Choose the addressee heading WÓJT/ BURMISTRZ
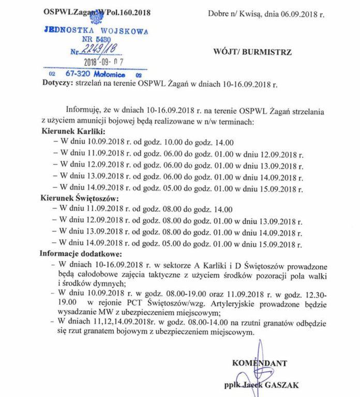(252, 52)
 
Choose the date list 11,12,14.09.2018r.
(126, 323)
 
